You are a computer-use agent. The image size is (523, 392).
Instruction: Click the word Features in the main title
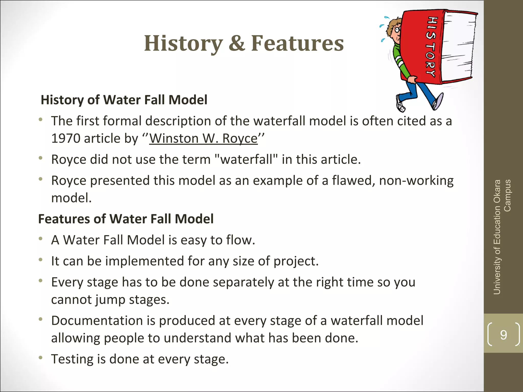[x=298, y=43]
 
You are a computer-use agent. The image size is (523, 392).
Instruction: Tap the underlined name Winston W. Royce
[x=203, y=139]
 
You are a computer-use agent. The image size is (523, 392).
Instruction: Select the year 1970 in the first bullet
[x=66, y=139]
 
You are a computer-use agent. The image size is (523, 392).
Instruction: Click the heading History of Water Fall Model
[x=124, y=100]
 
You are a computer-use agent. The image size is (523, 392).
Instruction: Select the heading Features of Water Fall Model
[x=126, y=219]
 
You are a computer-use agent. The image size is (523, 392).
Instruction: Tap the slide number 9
[x=503, y=335]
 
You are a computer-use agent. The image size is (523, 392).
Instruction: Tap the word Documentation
[x=97, y=321]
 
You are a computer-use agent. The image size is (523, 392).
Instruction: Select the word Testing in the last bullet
[x=72, y=359]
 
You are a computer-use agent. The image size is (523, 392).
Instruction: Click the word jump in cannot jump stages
[x=110, y=300]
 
